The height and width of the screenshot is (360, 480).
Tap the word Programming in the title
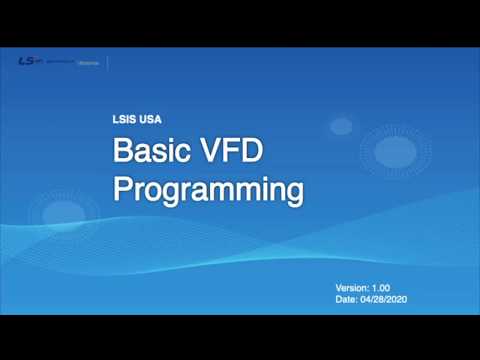207,189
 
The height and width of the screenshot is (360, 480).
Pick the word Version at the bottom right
353,288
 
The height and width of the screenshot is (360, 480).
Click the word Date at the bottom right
346,299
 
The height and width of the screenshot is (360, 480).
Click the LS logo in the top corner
27,61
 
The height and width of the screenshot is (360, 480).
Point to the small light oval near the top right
341,126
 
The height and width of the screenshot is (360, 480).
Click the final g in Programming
292,191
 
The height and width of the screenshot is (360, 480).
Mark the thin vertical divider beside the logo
107,61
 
